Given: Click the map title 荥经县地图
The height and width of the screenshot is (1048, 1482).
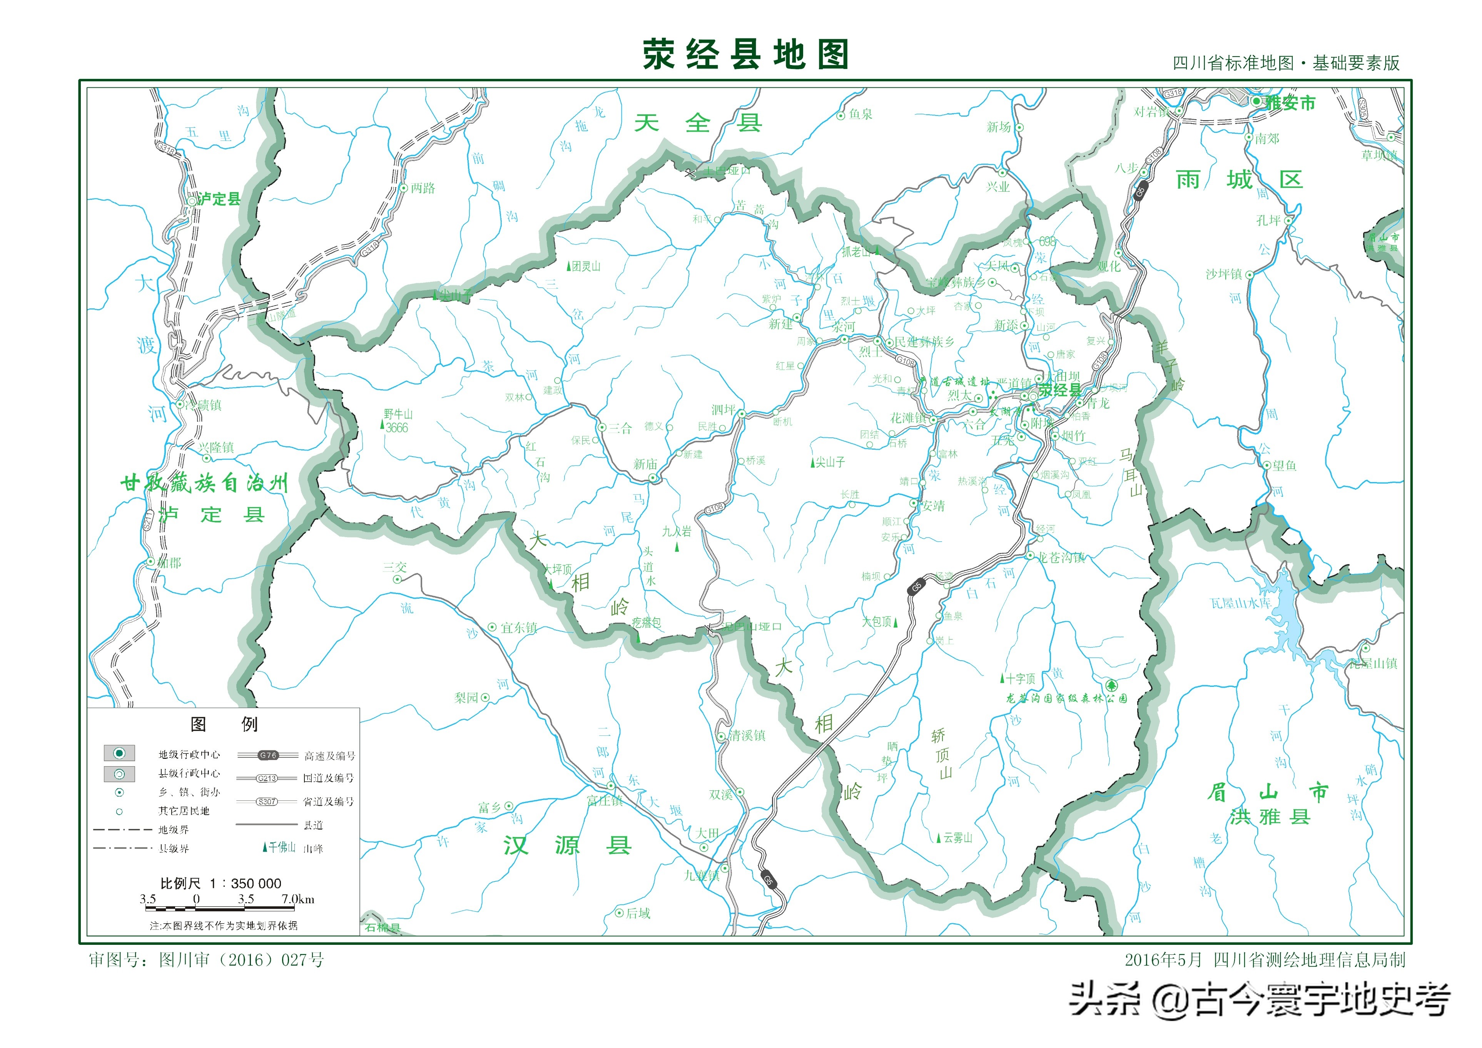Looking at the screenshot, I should point(745,54).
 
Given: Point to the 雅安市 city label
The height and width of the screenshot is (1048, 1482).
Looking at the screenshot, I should point(1290,103).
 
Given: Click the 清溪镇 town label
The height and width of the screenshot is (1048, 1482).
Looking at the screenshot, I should point(747,735).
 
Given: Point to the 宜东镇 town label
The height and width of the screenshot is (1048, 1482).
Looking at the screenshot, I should point(518,628).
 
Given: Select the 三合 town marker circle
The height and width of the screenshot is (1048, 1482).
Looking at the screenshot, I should point(601,427).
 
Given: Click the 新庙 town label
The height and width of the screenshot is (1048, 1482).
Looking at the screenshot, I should point(645,464).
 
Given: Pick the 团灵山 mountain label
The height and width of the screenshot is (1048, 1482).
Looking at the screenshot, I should point(585,266).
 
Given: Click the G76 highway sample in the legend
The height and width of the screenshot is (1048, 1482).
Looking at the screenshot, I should point(268,755).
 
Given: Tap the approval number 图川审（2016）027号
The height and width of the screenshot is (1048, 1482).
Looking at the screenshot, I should point(241,960).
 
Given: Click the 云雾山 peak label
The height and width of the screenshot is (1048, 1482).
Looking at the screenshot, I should point(957,838).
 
